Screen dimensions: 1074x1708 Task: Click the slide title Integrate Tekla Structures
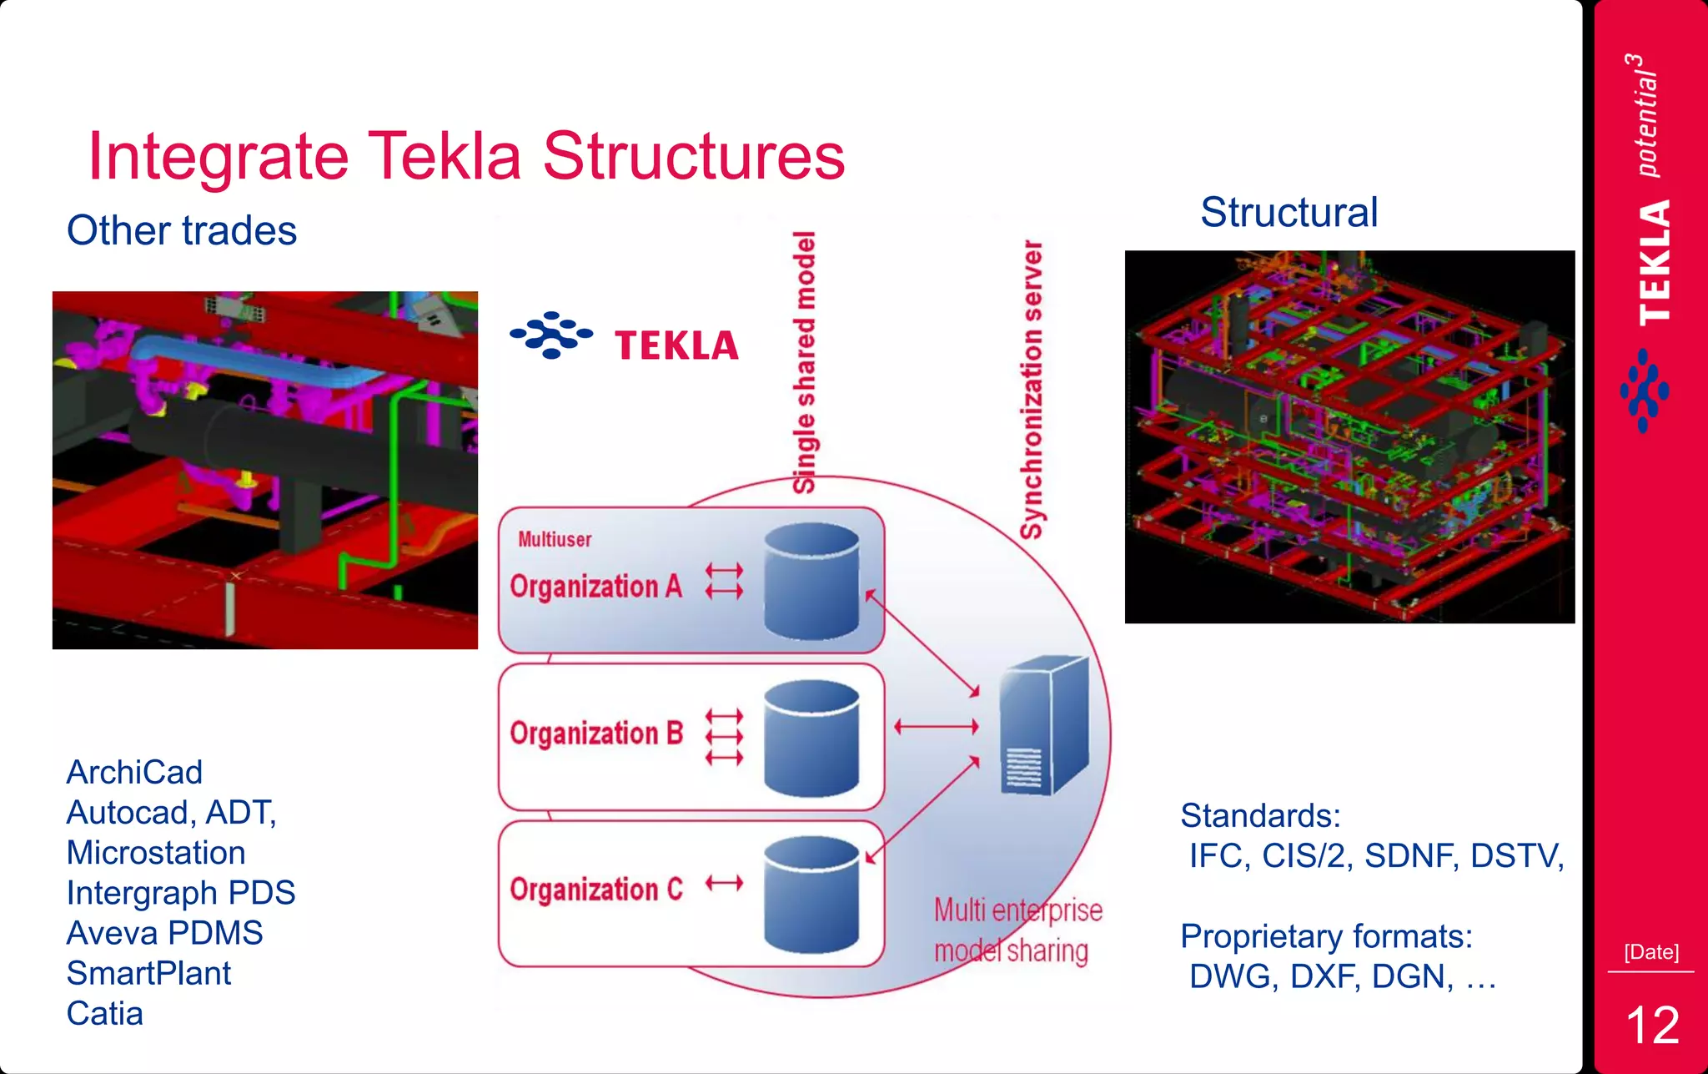point(465,156)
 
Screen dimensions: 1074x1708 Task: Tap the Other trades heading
point(182,230)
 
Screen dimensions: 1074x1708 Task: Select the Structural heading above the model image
point(1289,212)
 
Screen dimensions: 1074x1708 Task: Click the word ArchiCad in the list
point(134,772)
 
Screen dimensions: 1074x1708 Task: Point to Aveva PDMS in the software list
point(164,933)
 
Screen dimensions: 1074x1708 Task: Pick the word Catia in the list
point(105,1013)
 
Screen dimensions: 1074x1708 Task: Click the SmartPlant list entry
point(148,973)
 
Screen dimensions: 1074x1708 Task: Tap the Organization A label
point(595,587)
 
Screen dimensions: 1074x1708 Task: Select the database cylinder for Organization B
point(811,738)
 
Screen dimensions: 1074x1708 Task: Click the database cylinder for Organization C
point(811,895)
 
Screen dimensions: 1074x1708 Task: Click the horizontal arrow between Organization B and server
point(936,727)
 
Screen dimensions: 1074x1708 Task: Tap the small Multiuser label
point(555,539)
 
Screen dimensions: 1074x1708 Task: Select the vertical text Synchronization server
point(1032,390)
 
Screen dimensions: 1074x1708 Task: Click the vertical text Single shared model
point(804,362)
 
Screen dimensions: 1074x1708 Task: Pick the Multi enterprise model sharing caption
point(1017,930)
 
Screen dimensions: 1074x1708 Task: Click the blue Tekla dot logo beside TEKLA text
point(550,335)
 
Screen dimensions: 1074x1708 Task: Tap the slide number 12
point(1651,1025)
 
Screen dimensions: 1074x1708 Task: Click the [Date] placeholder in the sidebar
point(1650,952)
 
